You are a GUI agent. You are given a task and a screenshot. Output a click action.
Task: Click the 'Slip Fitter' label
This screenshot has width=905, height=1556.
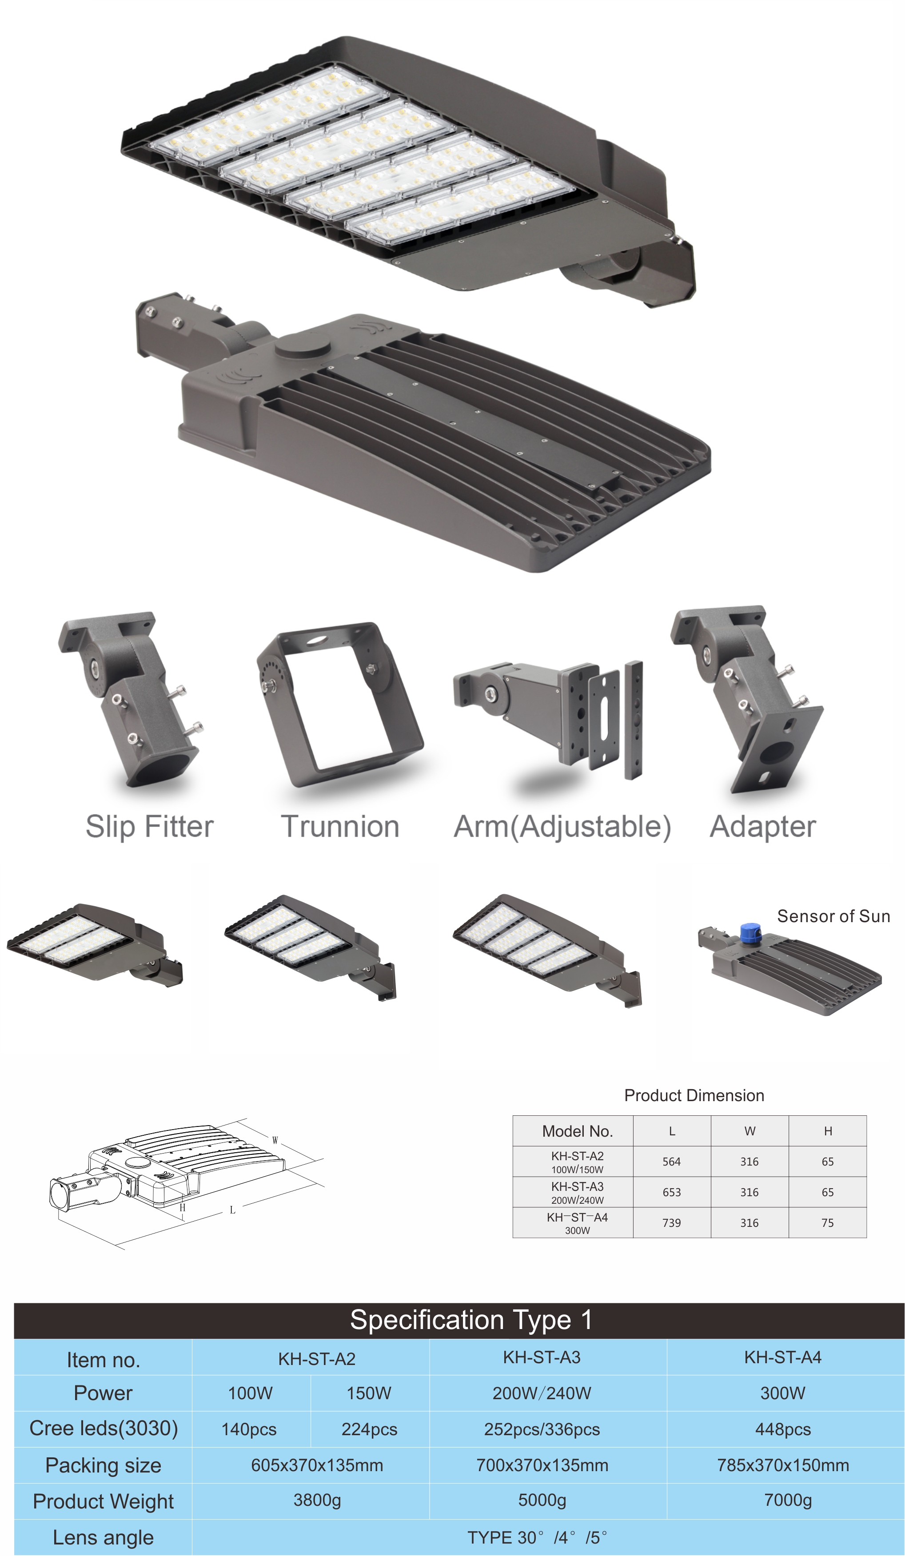point(149,827)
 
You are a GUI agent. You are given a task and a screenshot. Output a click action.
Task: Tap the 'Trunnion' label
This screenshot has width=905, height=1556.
point(340,827)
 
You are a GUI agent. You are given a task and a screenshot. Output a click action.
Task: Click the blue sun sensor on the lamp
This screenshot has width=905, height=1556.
point(750,932)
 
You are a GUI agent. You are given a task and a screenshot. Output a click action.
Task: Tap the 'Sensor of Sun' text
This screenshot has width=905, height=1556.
point(833,916)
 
